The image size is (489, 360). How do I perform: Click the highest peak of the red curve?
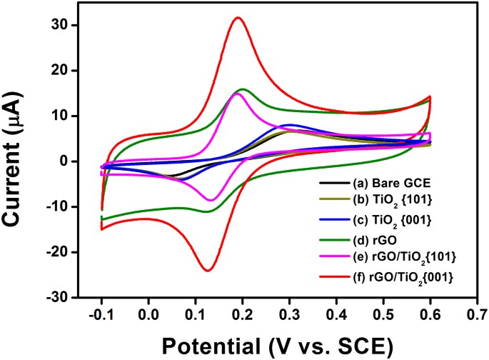pyautogui.click(x=238, y=18)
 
